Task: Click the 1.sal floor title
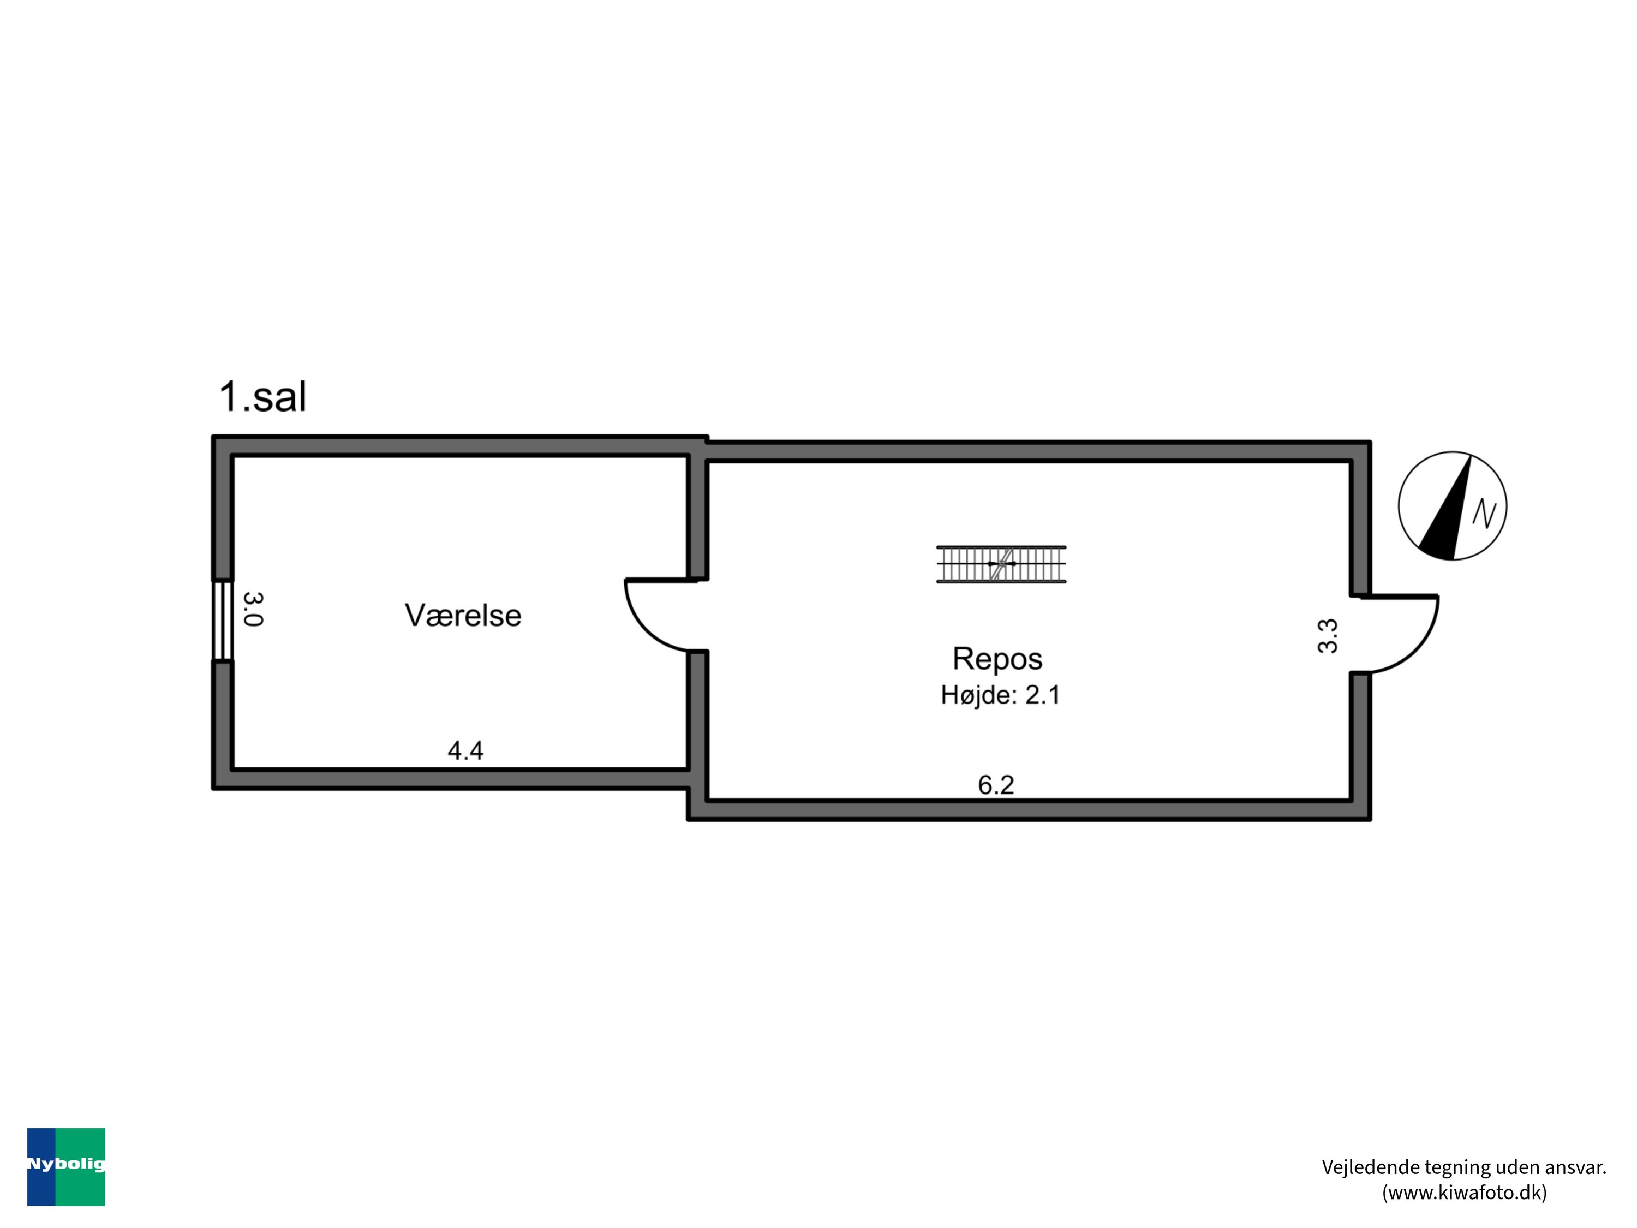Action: tap(262, 396)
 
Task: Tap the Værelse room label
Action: tap(463, 615)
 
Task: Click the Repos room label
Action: tap(997, 658)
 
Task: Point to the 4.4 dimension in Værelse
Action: tap(465, 750)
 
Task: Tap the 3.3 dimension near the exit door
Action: tap(1328, 636)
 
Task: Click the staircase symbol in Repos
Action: tap(1001, 564)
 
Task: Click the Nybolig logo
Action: tap(66, 1166)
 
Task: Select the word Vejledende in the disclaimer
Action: tap(1359, 1167)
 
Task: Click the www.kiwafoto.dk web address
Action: tap(1464, 1192)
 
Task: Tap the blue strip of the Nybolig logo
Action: tap(41, 1192)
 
